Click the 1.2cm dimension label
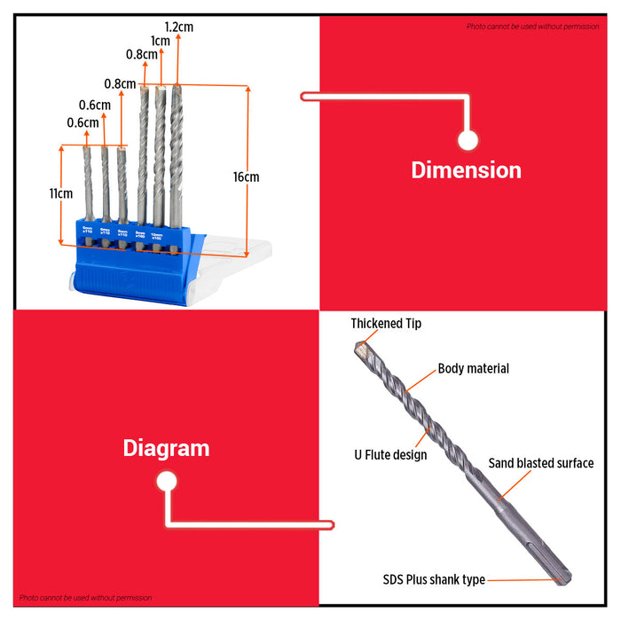[x=178, y=27]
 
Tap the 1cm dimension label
[x=161, y=41]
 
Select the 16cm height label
[x=246, y=177]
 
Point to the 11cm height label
[x=60, y=193]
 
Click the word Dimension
[x=466, y=169]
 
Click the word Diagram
[x=166, y=448]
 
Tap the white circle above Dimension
[x=468, y=139]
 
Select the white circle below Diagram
[x=166, y=482]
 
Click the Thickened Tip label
[x=386, y=324]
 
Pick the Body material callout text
[x=473, y=368]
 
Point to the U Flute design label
[x=385, y=454]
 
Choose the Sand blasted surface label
[x=541, y=463]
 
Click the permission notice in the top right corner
[x=532, y=27]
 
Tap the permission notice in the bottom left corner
[x=86, y=598]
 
